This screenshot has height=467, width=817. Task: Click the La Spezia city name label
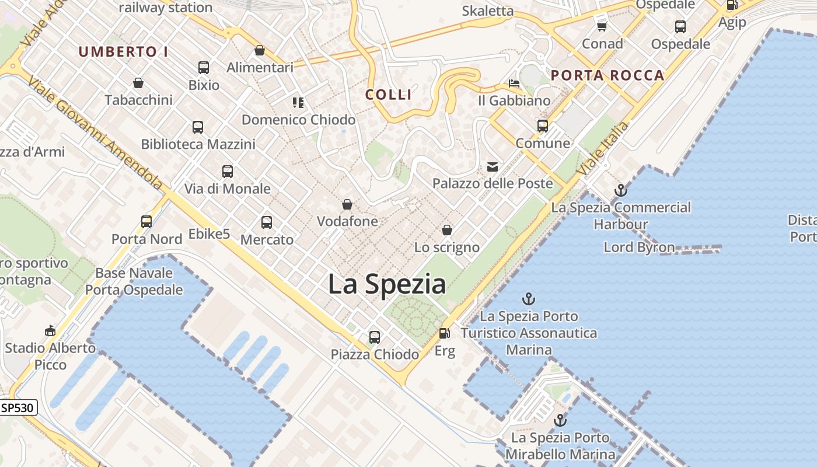click(387, 284)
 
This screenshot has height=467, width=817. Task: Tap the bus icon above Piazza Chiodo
click(375, 337)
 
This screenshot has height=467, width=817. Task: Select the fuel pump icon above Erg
click(445, 333)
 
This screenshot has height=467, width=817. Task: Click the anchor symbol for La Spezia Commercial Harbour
click(621, 190)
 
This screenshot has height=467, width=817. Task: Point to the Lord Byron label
click(639, 247)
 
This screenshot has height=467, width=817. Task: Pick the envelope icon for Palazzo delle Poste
click(493, 167)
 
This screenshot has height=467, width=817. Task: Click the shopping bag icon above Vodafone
click(347, 205)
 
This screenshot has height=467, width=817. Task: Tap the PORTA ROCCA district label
click(607, 75)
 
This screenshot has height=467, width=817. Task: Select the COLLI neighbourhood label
click(389, 95)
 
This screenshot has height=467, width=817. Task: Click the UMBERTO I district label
click(123, 52)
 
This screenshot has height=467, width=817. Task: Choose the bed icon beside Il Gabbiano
click(514, 83)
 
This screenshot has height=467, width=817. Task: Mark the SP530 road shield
click(18, 407)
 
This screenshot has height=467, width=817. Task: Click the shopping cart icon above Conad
click(602, 26)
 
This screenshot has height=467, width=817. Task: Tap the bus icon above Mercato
click(267, 222)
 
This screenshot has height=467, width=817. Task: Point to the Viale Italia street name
click(603, 148)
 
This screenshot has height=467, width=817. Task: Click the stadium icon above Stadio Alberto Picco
click(50, 331)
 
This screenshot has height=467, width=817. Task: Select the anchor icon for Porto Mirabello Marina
click(560, 420)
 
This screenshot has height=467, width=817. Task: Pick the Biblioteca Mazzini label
click(198, 144)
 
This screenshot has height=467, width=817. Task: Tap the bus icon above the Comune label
click(543, 126)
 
